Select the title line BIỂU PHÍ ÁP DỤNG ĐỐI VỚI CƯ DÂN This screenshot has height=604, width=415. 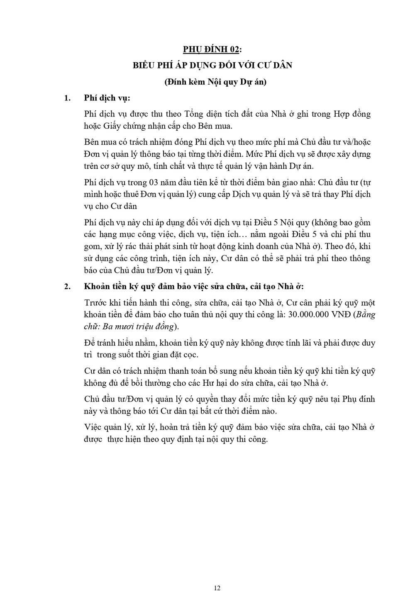tap(212, 66)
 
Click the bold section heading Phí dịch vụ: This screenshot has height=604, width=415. tap(107, 98)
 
